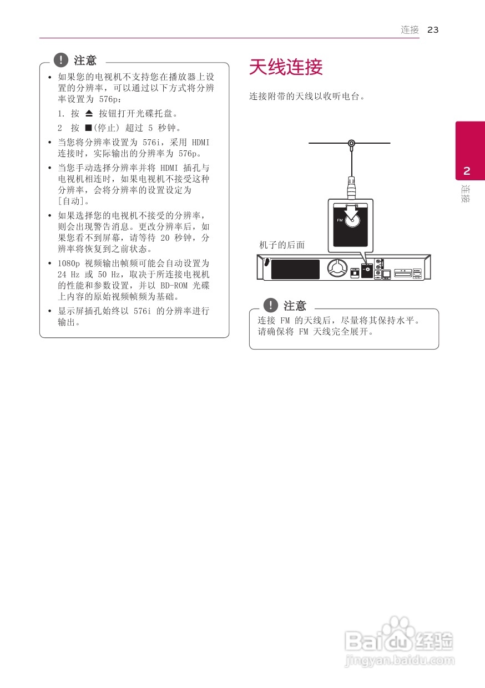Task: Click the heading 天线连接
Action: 286,68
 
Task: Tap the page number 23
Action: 433,30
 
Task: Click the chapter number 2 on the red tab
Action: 467,170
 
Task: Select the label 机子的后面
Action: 282,245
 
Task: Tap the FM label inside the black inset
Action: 340,220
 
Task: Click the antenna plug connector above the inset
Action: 351,186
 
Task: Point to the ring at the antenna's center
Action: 351,143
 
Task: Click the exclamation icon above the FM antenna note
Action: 270,305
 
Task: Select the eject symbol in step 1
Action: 90,113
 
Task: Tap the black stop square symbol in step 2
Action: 88,127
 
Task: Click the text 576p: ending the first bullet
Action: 109,99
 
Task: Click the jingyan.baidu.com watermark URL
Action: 400,661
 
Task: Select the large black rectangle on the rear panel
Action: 295,269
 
